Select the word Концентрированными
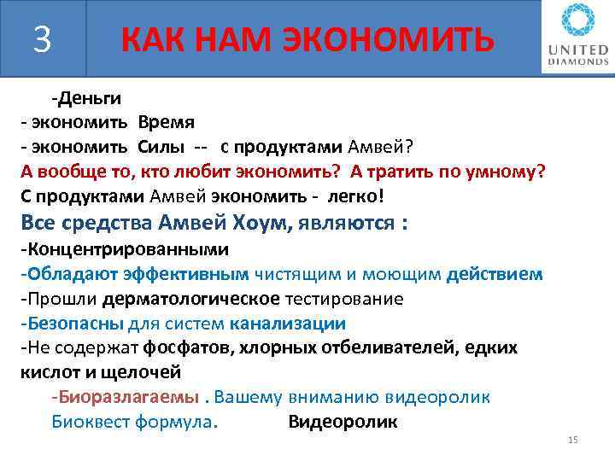click(x=127, y=250)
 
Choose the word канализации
click(x=286, y=324)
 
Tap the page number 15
click(x=572, y=440)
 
